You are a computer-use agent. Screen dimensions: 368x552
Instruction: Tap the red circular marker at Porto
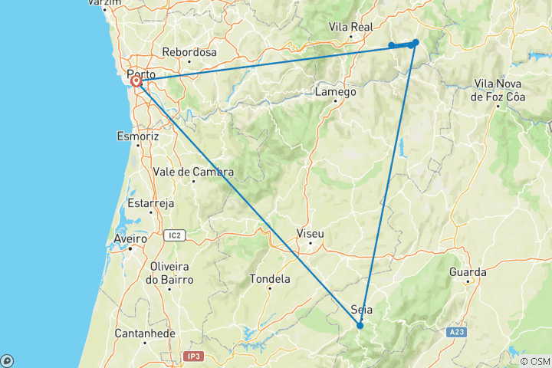click(136, 81)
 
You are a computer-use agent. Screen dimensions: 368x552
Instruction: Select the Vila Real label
click(350, 27)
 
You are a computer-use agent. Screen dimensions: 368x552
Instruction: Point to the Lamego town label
click(336, 92)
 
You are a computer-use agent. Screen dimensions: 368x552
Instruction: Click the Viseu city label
click(310, 233)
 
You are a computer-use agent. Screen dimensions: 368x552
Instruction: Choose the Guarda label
click(468, 272)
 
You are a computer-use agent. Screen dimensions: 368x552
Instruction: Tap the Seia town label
click(361, 310)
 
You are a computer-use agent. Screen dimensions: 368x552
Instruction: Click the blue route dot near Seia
click(360, 326)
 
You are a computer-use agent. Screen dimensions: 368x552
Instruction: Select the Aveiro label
click(130, 239)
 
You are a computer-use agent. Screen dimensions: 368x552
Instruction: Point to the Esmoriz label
click(137, 136)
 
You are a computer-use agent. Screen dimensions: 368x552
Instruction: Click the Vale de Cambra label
click(193, 172)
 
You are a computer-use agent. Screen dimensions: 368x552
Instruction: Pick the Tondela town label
click(270, 279)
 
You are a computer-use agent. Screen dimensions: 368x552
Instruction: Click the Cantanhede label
click(145, 333)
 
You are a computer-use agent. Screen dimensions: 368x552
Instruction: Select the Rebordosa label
click(189, 53)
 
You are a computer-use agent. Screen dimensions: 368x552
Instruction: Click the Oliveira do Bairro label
click(171, 273)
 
